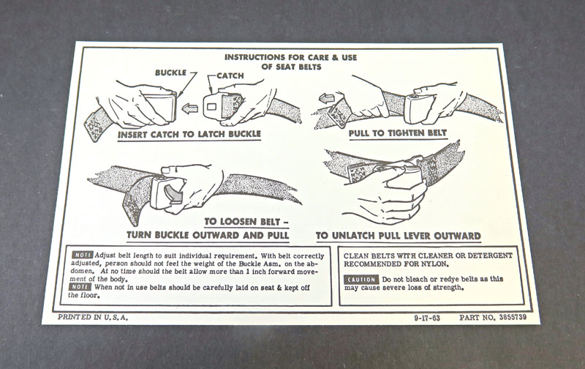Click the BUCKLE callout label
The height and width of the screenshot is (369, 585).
click(x=170, y=72)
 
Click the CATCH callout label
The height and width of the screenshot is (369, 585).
click(x=230, y=76)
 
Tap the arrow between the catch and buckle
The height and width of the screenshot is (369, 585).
click(x=190, y=108)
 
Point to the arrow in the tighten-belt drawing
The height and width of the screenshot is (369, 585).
click(x=328, y=99)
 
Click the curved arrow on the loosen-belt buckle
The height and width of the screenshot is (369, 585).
click(x=175, y=193)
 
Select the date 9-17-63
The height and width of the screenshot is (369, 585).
click(x=427, y=318)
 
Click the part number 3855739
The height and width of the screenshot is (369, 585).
click(x=513, y=317)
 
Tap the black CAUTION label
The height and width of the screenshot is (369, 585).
click(x=361, y=280)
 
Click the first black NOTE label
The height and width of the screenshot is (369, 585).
click(x=82, y=255)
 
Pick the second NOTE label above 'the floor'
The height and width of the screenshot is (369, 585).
click(x=80, y=287)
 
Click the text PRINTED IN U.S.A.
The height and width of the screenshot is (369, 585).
click(x=93, y=318)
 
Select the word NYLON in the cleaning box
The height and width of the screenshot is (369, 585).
click(x=434, y=264)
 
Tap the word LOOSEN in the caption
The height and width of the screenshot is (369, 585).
click(x=237, y=222)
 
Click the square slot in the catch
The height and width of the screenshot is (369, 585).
click(x=211, y=107)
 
